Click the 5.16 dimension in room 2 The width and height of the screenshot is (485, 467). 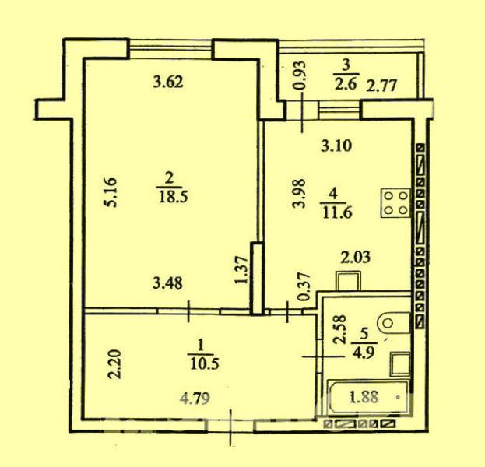pos(111,192)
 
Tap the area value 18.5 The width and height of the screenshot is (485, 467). pos(173,197)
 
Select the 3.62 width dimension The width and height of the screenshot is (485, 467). pos(169,83)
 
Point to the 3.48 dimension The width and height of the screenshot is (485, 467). pos(167,283)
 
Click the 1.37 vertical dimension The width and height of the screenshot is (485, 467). pos(241,269)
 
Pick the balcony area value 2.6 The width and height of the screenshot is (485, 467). pos(346,83)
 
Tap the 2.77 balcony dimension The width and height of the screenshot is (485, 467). pos(381,86)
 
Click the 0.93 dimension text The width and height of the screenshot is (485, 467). pos(300,75)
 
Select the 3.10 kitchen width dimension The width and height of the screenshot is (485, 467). pos(336,146)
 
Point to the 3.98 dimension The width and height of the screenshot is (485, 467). pos(300,194)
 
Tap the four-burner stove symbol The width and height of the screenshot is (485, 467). pos(395,203)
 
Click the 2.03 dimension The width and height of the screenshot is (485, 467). pos(356,258)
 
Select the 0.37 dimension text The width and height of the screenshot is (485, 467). pos(304,286)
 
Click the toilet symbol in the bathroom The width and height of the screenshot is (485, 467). pos(393,323)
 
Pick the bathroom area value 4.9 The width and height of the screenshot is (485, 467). pos(365,353)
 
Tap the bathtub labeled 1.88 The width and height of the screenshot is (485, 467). pos(367,397)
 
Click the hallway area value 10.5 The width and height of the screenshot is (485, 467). pos(204,364)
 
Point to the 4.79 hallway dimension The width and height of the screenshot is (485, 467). pos(195,399)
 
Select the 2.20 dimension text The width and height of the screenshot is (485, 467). pos(114,364)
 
